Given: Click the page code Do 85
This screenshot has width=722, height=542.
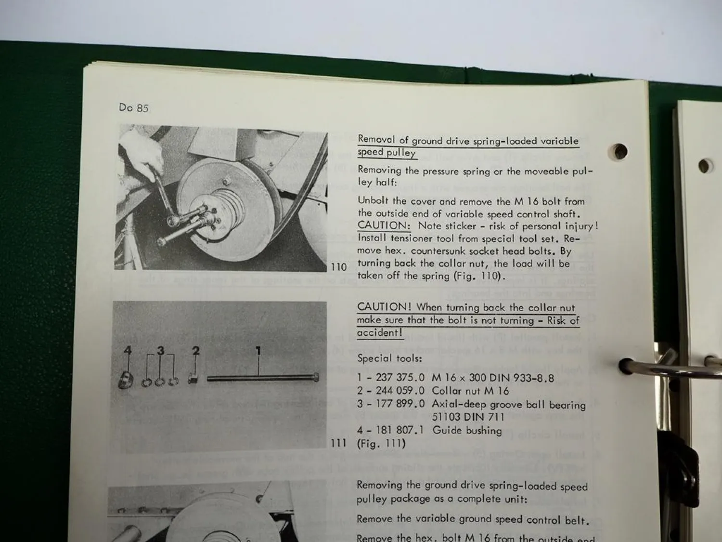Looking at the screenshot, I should (x=133, y=107).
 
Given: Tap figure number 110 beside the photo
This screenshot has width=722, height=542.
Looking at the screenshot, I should (x=339, y=267).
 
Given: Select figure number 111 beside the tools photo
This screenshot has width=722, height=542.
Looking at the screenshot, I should (x=339, y=443).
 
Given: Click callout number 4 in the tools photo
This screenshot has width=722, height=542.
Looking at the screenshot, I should (x=127, y=351).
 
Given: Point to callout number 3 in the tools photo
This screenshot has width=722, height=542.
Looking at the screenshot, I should (x=161, y=351).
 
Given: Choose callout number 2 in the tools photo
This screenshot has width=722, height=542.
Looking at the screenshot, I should (x=195, y=351).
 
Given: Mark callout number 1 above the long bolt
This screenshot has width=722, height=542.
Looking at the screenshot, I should (x=258, y=351).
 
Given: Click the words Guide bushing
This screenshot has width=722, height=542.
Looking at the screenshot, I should (x=467, y=430).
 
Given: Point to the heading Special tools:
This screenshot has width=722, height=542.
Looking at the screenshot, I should (x=389, y=358).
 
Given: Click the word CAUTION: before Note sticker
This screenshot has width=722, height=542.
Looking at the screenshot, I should (x=384, y=225).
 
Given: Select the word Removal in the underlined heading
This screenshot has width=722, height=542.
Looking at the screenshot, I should (x=376, y=140).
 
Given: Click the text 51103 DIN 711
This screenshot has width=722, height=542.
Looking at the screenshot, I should (x=468, y=417).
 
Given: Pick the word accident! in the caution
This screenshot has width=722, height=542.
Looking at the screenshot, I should (x=379, y=332).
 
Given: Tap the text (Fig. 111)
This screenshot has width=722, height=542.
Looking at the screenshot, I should (x=381, y=443).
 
